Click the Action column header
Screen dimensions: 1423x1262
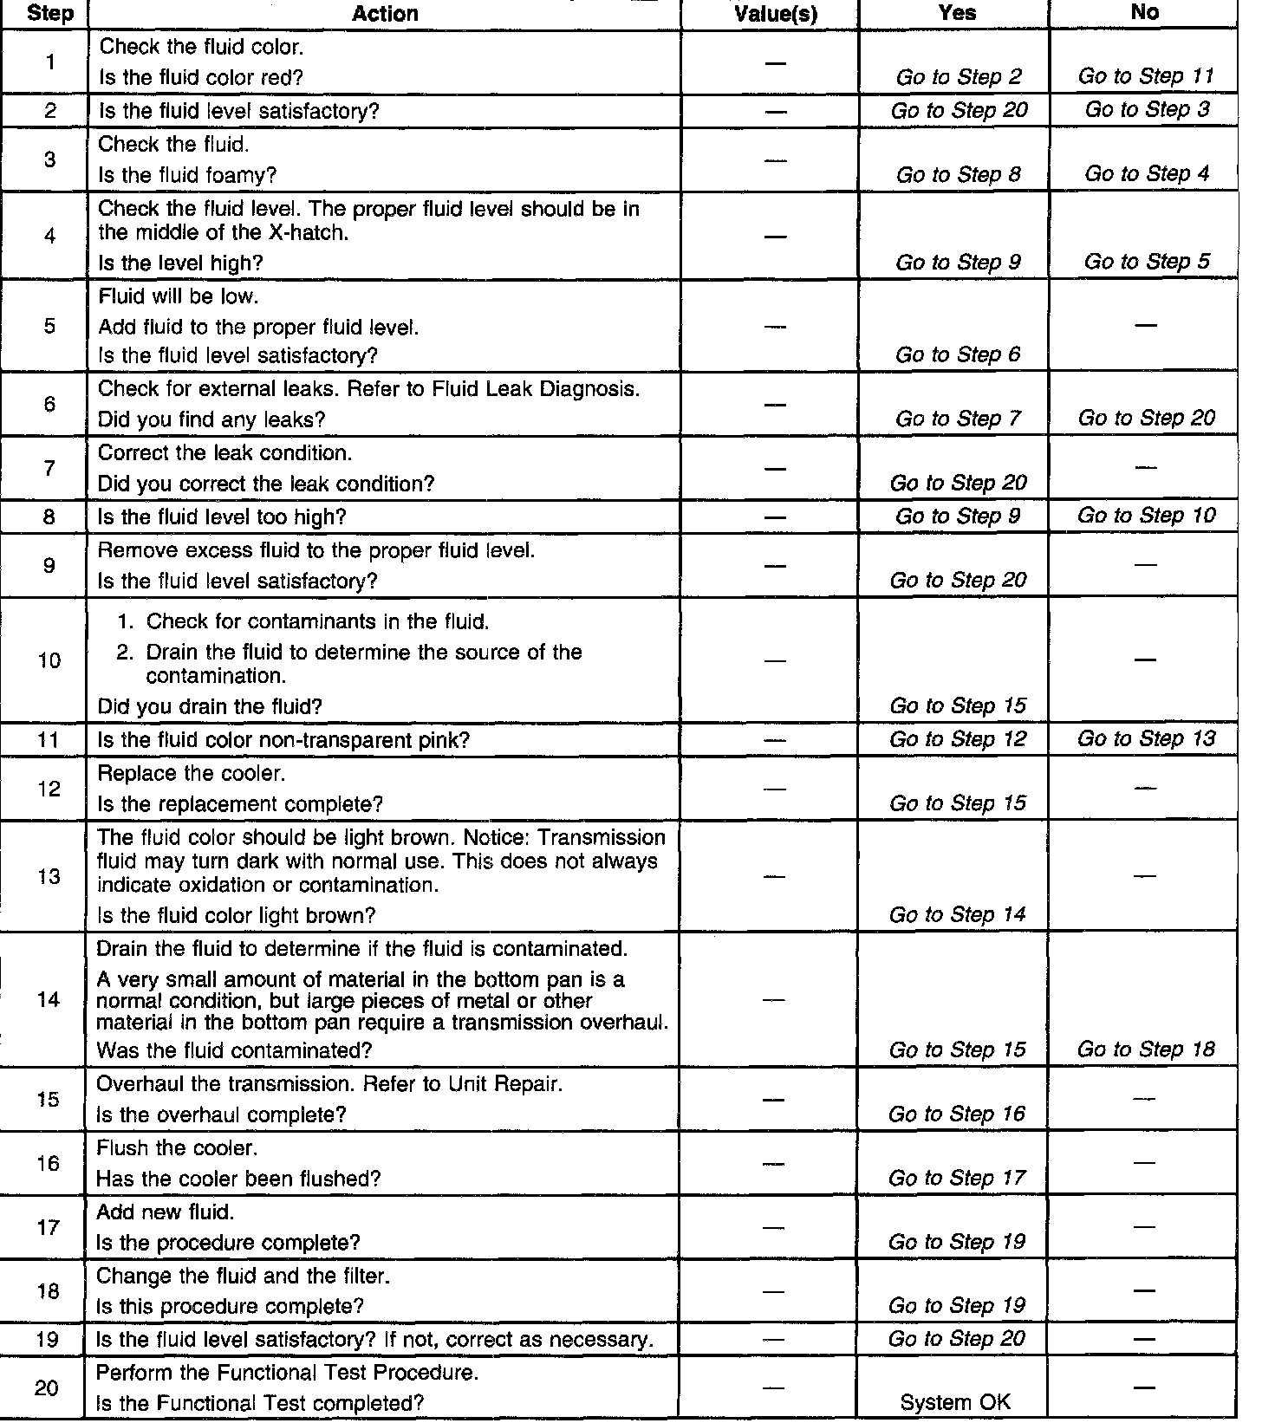click(385, 14)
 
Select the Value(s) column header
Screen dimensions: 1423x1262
click(775, 14)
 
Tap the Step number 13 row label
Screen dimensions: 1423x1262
click(49, 876)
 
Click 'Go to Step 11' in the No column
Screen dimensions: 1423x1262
click(1145, 76)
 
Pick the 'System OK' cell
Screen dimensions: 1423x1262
click(955, 1402)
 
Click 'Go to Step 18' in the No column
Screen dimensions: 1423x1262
click(1145, 1049)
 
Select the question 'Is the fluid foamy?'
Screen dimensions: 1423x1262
click(187, 175)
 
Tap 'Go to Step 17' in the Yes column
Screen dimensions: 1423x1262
click(957, 1178)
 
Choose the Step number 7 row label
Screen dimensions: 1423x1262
click(49, 468)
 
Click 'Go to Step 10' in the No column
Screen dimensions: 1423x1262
click(1145, 516)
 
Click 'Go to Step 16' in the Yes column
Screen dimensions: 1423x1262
click(957, 1114)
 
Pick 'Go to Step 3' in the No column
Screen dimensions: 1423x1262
click(1147, 109)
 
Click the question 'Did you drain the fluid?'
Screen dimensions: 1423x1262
click(210, 706)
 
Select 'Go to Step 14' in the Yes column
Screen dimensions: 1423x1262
click(957, 914)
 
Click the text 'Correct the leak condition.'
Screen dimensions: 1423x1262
click(224, 452)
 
